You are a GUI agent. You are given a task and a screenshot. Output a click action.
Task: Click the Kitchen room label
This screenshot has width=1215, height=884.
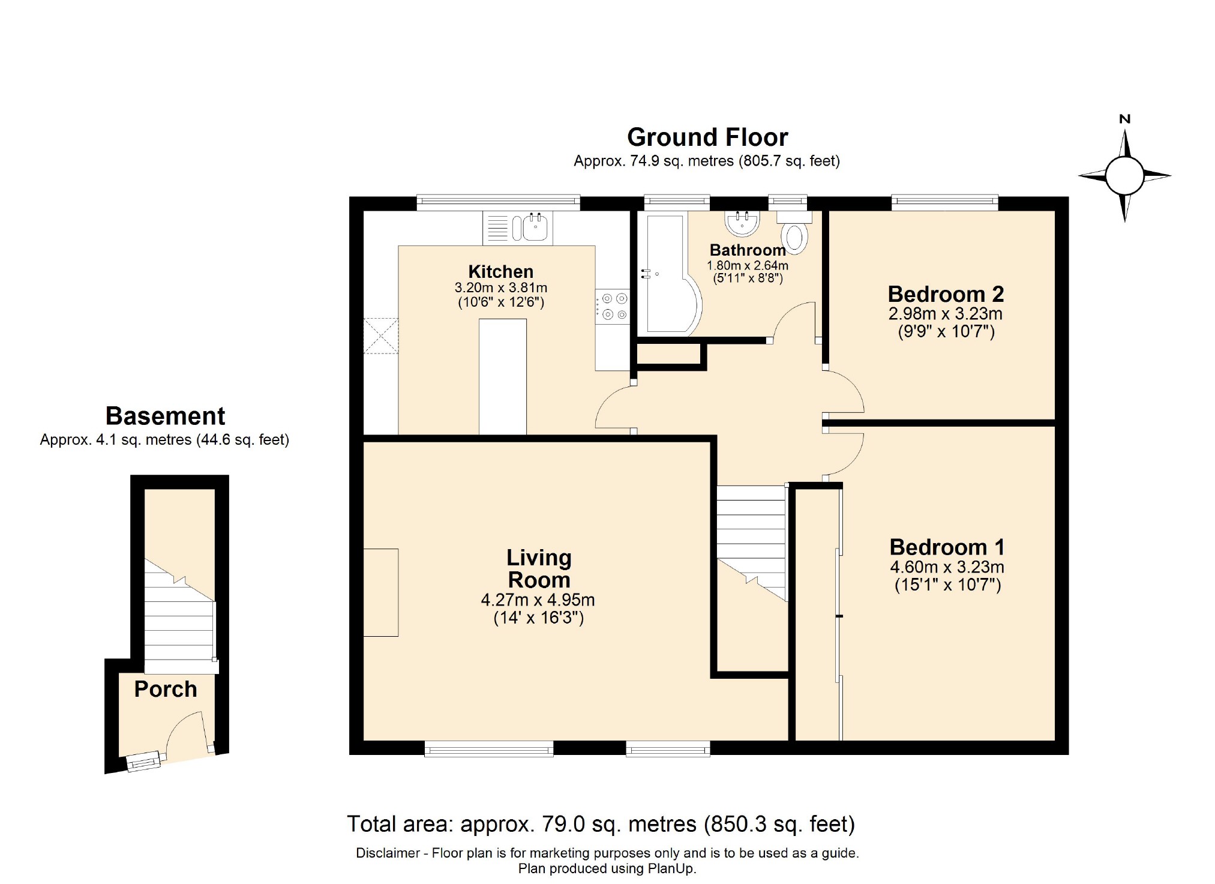point(500,271)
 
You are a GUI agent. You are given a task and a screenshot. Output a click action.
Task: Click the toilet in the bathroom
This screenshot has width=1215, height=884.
point(795,236)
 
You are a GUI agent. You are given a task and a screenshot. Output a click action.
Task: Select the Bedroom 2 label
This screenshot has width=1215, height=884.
point(946,294)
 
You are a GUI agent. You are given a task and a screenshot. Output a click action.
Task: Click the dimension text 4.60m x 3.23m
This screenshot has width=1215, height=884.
point(947,567)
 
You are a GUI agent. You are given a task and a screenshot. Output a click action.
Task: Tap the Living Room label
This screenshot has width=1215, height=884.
point(539,568)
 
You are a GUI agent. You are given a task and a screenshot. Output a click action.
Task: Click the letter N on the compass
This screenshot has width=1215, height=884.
point(1125,119)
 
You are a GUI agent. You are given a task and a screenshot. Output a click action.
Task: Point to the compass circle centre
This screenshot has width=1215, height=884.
point(1124,176)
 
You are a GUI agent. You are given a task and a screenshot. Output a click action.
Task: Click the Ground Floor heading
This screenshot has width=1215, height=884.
point(707,137)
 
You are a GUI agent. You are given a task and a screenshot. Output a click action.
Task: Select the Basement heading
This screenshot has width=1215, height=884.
point(165,416)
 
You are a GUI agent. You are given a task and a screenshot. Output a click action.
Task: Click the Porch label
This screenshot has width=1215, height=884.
point(166,689)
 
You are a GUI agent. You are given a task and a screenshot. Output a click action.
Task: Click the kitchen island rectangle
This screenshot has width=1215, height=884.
point(503,376)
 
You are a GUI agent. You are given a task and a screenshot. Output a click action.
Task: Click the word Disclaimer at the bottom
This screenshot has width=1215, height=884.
point(388,853)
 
